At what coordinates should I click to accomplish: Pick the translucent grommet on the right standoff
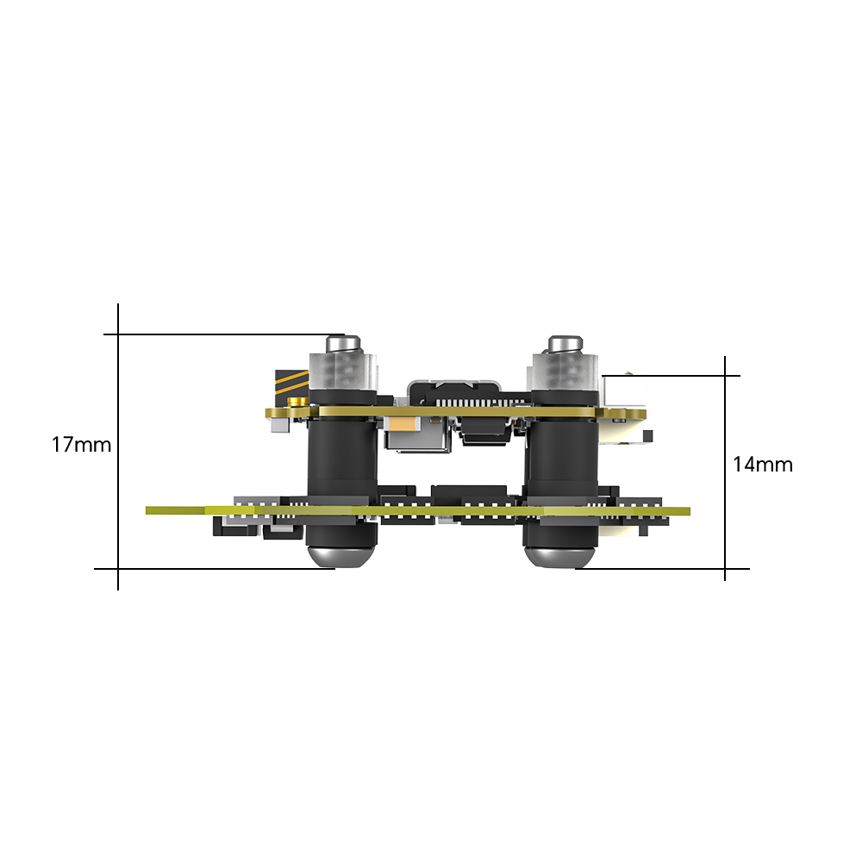(564, 376)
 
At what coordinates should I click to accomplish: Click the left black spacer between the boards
(342, 457)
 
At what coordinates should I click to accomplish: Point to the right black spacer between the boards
(563, 457)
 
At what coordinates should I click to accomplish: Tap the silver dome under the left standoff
(341, 554)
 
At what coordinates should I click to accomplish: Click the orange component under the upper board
(401, 425)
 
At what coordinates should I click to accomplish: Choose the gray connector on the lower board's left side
(255, 501)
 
